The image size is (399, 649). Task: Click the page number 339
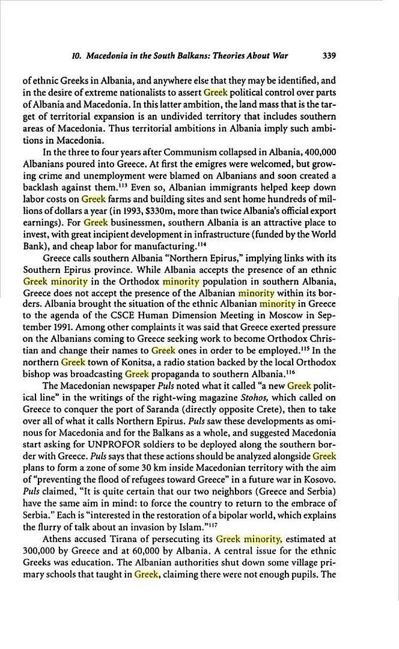(x=329, y=56)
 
